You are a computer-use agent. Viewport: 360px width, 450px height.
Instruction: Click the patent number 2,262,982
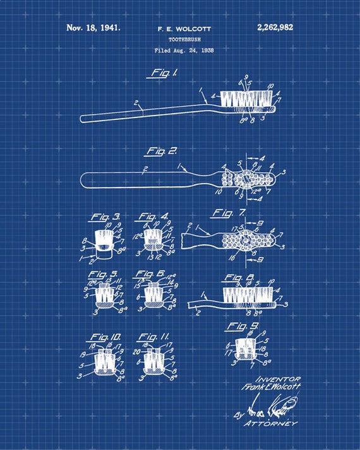(275, 28)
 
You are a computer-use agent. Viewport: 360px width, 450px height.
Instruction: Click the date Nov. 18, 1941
(93, 28)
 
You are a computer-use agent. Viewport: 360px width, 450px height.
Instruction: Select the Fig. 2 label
(162, 151)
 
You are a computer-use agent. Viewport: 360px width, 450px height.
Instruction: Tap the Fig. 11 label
(154, 336)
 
